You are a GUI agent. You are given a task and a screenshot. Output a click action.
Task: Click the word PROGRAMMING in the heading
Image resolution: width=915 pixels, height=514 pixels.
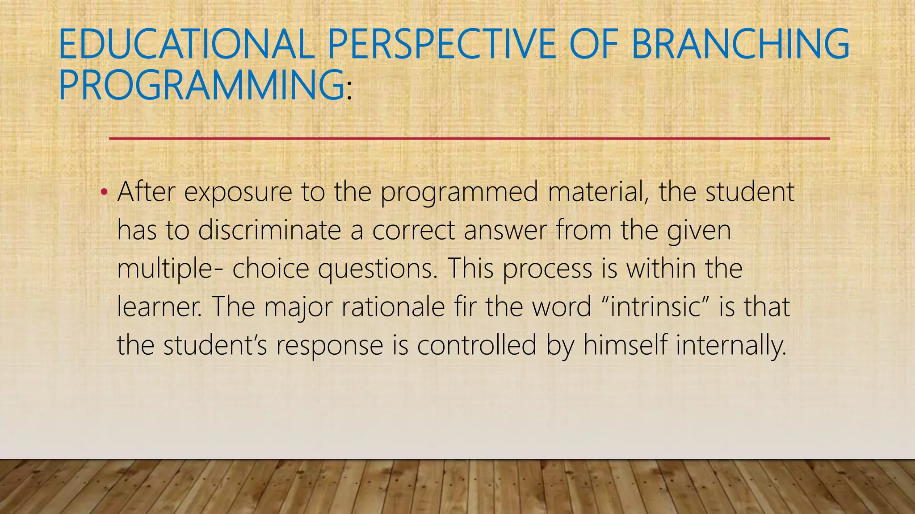tap(201, 85)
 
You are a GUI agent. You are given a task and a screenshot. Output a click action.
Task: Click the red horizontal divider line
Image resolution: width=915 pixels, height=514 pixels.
tap(469, 139)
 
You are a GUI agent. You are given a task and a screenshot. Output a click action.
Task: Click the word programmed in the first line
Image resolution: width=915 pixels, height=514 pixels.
tap(459, 192)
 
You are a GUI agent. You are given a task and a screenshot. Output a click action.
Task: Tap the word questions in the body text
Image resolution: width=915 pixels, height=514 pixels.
tap(378, 269)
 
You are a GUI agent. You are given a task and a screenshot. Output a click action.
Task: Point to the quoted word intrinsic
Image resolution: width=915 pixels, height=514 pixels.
tap(655, 307)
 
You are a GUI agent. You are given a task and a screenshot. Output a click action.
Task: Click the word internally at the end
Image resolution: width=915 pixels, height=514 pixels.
tap(730, 345)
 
